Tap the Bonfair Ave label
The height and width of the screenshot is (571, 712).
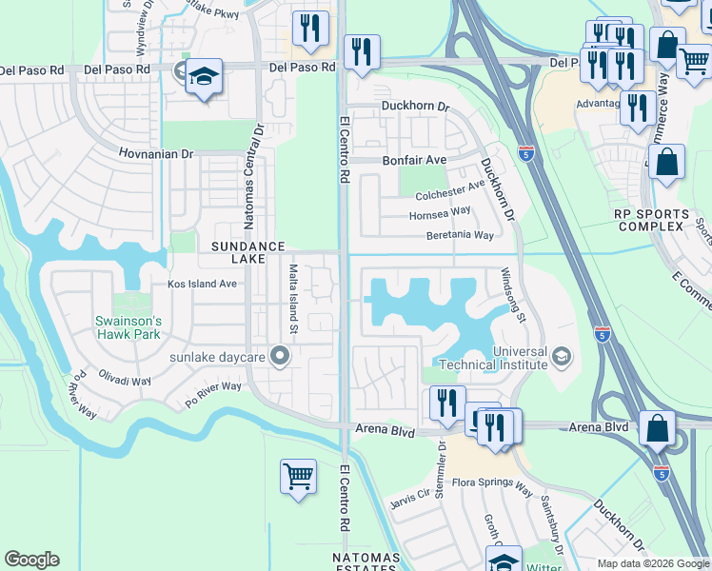point(414,161)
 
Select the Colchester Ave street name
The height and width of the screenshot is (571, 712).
point(450,195)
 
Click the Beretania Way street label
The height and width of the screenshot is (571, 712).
point(460,235)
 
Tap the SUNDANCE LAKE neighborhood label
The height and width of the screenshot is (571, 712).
point(247,253)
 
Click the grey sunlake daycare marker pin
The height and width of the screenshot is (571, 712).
point(279,357)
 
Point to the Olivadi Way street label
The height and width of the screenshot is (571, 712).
point(125,376)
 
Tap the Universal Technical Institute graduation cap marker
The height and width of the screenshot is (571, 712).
point(563,357)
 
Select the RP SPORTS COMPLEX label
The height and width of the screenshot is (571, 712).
point(650,220)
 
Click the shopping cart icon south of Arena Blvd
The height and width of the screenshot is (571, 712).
point(298,477)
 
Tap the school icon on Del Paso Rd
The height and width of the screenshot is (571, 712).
point(204,77)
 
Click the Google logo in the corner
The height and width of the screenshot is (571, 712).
point(31,560)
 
